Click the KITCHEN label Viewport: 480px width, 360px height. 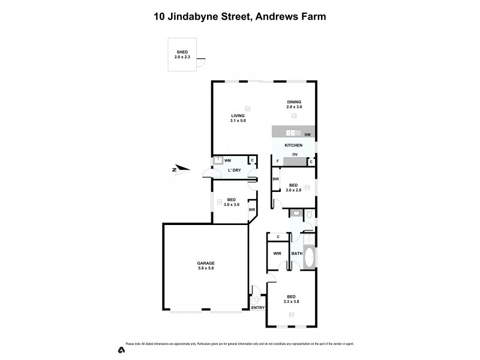click(x=293, y=146)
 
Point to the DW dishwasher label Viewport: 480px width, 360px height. click(x=307, y=135)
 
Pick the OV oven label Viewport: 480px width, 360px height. click(x=295, y=155)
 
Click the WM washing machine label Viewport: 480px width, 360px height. click(x=228, y=160)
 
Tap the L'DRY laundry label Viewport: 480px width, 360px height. click(x=234, y=171)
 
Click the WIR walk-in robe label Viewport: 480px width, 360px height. click(x=277, y=254)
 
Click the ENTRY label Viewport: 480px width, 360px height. click(x=258, y=308)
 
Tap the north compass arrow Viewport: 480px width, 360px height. click(x=181, y=169)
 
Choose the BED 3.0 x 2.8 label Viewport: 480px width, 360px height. click(x=293, y=187)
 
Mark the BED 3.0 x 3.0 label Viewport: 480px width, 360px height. click(x=232, y=202)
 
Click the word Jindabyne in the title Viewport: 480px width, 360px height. click(x=204, y=17)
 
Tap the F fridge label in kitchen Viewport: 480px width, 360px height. click(x=278, y=161)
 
